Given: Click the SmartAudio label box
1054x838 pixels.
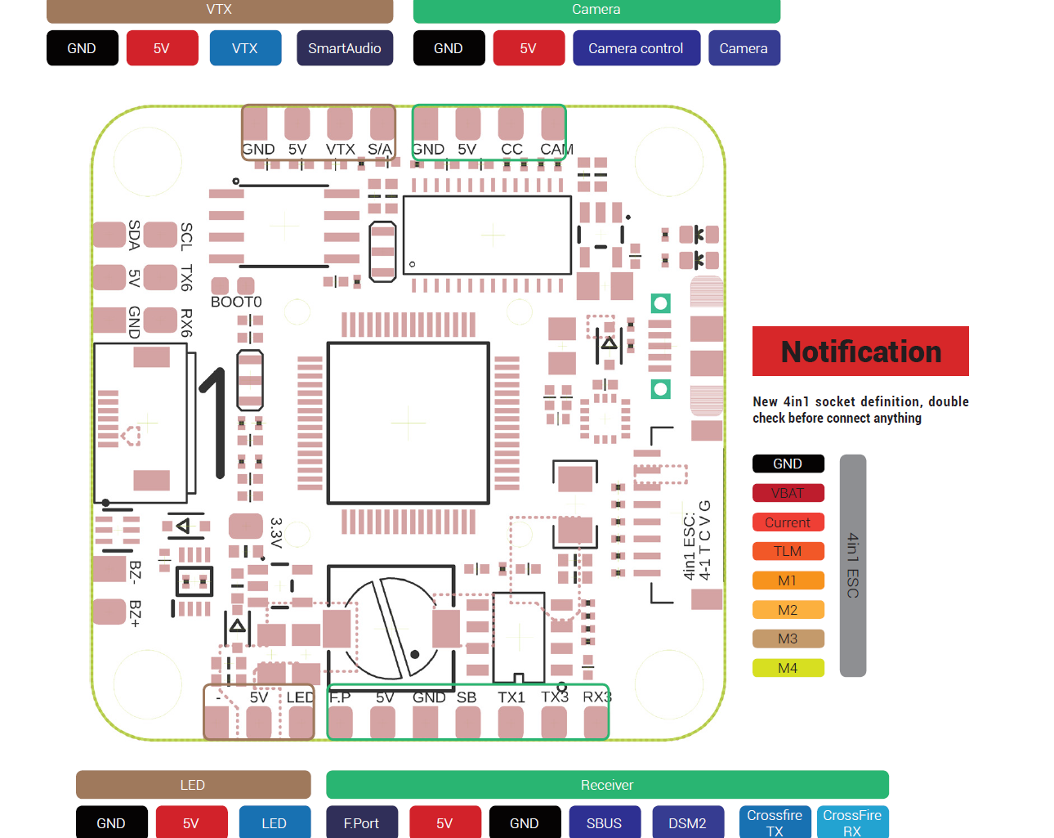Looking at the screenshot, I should [344, 48].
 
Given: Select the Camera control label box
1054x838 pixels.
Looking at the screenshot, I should [636, 48].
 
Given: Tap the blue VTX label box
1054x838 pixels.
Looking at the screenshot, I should [245, 48].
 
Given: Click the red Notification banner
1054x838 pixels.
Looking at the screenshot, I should [860, 352].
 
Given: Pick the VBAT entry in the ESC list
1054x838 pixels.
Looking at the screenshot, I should [788, 493].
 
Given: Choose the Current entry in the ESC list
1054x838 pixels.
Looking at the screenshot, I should [788, 522].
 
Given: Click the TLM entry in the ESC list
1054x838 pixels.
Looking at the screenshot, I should [788, 551].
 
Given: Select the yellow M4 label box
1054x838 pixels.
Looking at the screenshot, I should [788, 668].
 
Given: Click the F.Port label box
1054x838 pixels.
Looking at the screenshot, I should [361, 822].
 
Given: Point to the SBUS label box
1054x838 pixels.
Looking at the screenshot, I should [604, 822].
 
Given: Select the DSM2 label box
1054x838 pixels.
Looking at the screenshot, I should [687, 822].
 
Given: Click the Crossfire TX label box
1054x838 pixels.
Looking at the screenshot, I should [774, 822].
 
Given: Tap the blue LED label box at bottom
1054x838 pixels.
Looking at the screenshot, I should [275, 822].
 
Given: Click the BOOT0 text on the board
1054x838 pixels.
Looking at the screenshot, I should [236, 302].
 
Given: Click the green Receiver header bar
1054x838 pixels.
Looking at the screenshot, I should [606, 785].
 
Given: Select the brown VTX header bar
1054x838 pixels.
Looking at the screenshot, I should [219, 11].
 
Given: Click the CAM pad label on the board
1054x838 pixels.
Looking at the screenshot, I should [556, 150].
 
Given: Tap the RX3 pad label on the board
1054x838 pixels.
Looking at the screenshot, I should [596, 697].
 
